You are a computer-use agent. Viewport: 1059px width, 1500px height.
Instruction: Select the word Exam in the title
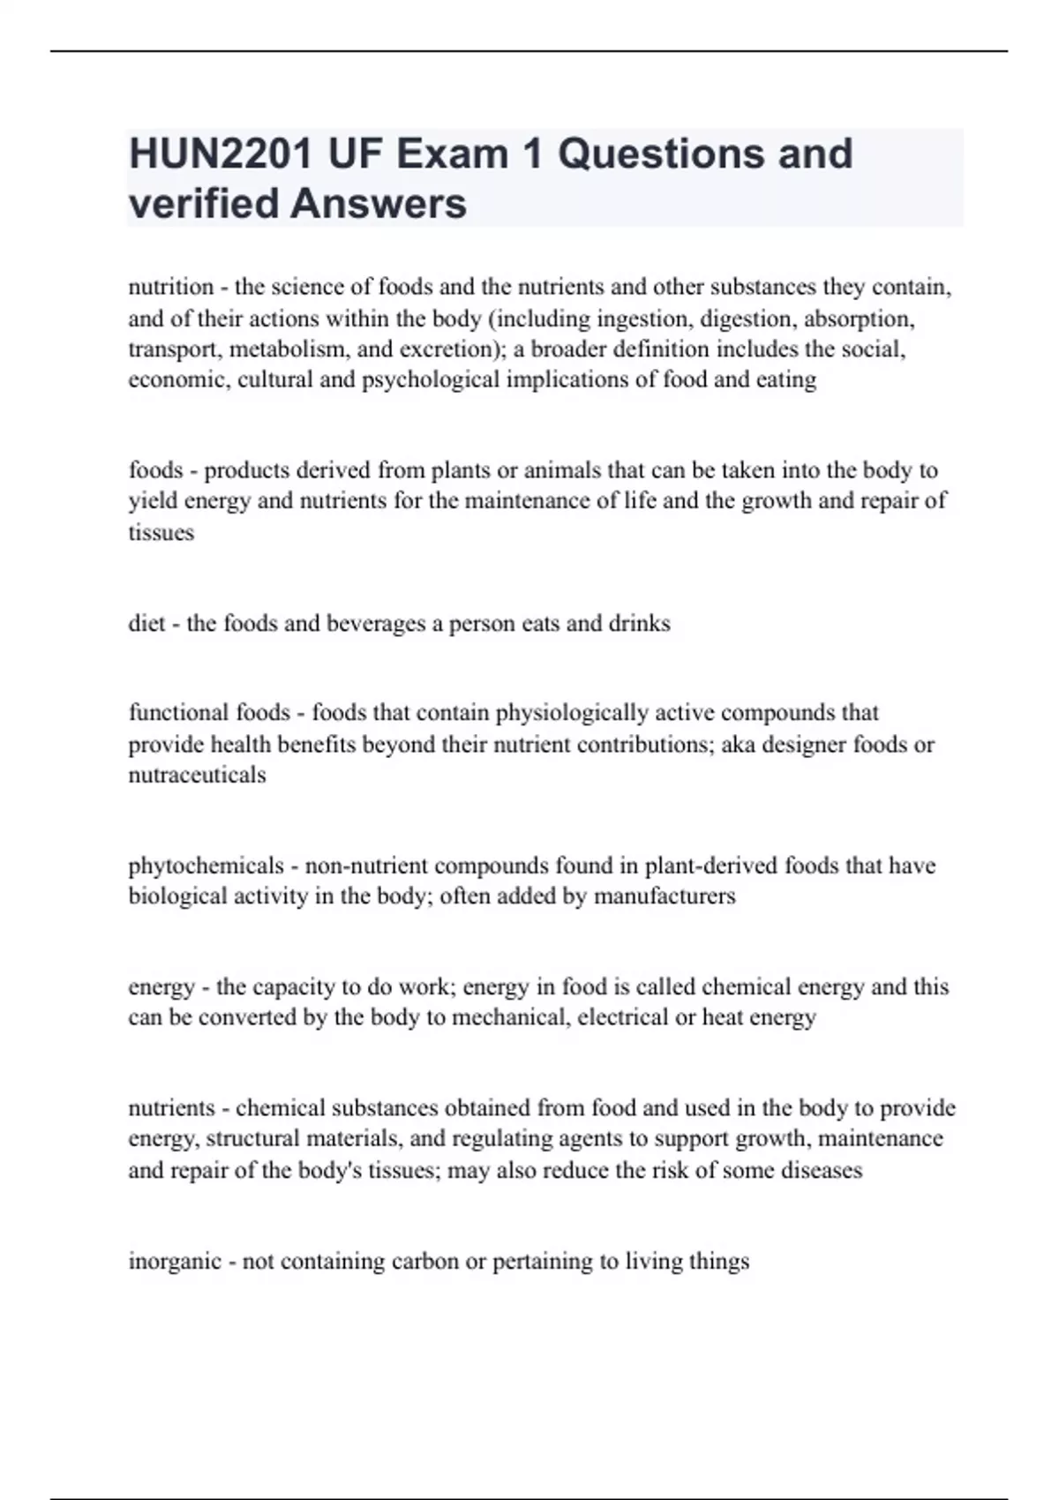coord(452,154)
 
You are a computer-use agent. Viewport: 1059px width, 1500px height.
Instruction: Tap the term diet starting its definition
coord(146,623)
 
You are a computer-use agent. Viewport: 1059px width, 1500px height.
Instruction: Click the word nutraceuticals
coord(197,775)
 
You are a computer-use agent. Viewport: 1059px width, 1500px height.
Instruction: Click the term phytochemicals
coord(207,866)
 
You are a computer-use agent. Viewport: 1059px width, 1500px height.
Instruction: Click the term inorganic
coord(175,1261)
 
